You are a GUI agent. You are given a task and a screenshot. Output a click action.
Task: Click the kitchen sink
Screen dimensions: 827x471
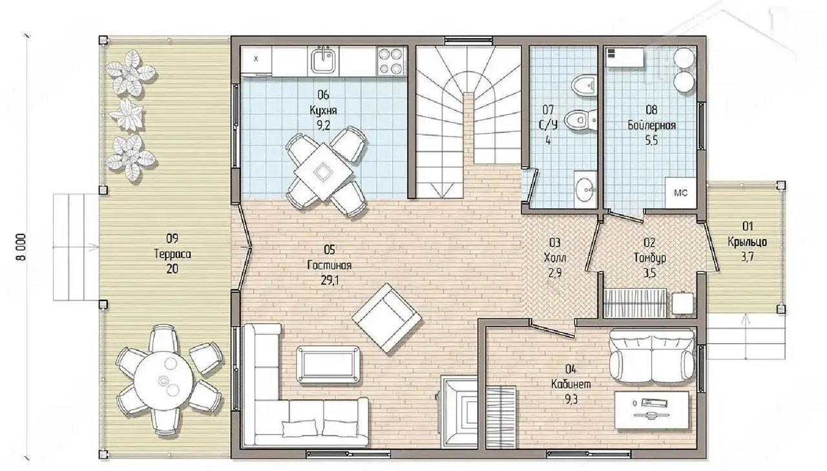coord(324,61)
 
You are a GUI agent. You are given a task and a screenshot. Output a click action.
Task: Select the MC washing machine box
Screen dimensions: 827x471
coord(680,193)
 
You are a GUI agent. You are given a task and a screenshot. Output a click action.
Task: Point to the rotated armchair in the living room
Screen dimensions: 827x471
coord(386,318)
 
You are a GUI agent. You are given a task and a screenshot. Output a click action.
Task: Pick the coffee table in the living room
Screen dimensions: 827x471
coord(329,364)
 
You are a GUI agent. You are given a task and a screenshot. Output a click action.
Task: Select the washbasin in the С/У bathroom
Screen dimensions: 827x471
coord(585,190)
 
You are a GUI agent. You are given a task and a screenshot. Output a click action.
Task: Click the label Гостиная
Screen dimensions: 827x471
coord(330,266)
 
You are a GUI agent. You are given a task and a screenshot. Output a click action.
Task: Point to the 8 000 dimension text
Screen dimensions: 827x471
coord(21,247)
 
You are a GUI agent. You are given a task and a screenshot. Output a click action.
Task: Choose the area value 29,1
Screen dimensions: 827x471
coord(330,280)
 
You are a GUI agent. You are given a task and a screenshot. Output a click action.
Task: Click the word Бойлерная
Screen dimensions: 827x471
coord(652,125)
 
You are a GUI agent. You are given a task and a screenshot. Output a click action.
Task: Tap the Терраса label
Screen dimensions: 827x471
coord(173,254)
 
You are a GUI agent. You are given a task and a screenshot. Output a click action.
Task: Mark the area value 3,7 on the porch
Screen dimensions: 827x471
coord(748,257)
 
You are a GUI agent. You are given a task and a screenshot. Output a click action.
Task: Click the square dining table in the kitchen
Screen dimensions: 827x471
coord(324,172)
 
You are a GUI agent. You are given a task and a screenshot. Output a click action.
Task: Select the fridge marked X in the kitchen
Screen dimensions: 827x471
coord(256,60)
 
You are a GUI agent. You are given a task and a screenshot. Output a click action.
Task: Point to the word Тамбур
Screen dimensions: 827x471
coord(650,258)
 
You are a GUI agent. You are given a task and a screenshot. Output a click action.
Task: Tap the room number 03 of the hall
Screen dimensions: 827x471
coord(555,242)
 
